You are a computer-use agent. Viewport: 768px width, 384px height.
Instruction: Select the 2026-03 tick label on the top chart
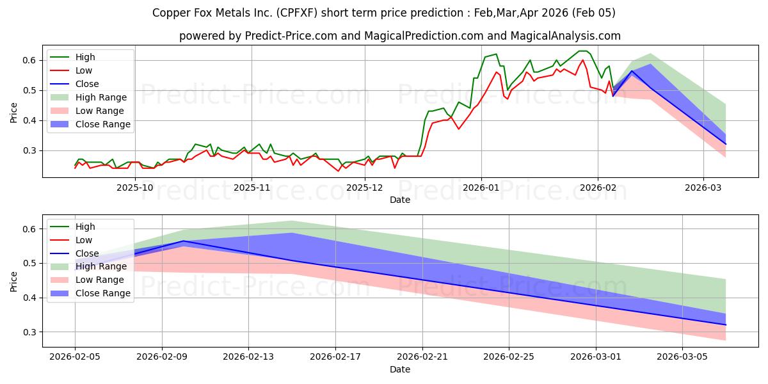(x=703, y=187)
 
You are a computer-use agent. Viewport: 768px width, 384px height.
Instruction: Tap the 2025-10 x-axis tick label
(x=135, y=187)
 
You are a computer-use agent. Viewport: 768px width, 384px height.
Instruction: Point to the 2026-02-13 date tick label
(x=248, y=356)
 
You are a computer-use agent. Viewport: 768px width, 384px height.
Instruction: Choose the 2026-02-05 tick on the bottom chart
(x=75, y=356)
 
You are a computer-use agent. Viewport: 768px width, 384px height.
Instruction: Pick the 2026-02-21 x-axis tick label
(x=422, y=356)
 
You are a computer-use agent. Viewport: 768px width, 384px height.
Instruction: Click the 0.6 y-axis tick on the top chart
(x=29, y=60)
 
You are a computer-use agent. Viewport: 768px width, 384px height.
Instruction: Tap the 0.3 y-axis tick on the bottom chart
(x=29, y=332)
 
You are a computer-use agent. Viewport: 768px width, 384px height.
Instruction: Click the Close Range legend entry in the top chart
(x=103, y=124)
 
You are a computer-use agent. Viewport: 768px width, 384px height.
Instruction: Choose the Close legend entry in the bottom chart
(x=87, y=253)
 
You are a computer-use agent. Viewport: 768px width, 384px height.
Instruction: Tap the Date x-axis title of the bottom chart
(x=400, y=369)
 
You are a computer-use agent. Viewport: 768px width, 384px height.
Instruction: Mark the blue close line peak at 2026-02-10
(x=184, y=241)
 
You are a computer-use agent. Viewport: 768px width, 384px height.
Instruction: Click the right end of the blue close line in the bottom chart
(x=726, y=325)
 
